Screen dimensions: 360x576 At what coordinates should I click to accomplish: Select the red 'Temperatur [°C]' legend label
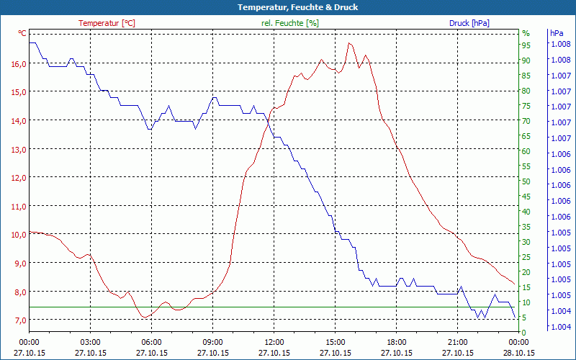(107, 23)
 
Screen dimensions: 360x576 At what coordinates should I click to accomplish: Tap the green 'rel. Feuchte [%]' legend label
(290, 23)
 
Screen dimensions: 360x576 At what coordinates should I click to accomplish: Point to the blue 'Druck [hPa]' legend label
(469, 23)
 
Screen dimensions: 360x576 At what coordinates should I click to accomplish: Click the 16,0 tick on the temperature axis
(19, 63)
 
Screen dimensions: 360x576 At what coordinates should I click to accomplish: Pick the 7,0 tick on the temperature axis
(19, 320)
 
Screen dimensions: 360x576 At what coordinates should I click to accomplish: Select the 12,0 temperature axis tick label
(19, 177)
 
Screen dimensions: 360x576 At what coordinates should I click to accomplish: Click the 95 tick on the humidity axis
(526, 45)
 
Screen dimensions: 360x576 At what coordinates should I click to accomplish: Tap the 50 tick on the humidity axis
(526, 181)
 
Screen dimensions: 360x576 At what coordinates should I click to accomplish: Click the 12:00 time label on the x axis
(274, 342)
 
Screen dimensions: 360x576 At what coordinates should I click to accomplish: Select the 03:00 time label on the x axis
(90, 342)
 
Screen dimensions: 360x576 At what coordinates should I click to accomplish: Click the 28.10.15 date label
(518, 353)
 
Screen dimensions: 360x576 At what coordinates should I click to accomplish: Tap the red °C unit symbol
(22, 33)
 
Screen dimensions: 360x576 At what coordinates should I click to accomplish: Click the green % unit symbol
(526, 33)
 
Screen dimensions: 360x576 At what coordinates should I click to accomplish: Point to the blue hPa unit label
(557, 33)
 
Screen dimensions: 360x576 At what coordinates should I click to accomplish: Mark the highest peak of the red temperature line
(349, 42)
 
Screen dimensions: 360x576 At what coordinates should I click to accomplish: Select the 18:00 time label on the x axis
(396, 342)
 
